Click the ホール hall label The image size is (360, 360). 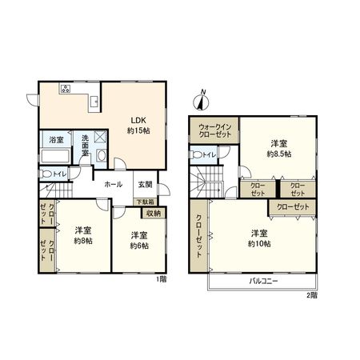tap(113, 184)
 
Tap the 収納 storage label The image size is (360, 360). tap(153, 213)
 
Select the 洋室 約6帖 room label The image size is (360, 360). tap(139, 240)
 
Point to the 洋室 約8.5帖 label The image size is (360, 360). tap(278, 146)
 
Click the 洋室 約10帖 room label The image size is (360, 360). tap(258, 238)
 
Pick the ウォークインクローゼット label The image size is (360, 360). tap(214, 130)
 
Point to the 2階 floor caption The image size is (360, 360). tap(311, 294)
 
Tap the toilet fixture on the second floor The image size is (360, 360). tap(198, 154)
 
